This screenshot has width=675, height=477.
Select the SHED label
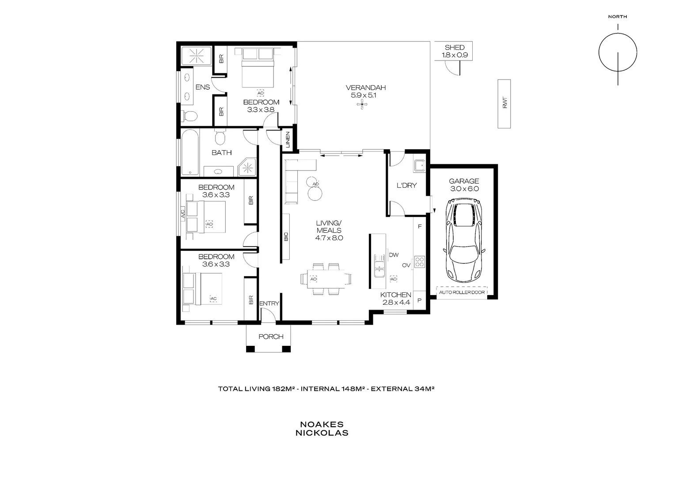tap(454, 47)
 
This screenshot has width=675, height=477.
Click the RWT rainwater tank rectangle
tap(504, 104)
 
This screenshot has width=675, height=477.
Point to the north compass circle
tap(618, 51)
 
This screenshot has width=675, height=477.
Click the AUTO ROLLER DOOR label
tap(462, 292)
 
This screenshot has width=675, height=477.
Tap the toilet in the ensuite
tap(190, 116)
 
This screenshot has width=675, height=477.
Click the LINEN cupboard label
tap(288, 140)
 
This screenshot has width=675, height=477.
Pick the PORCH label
tap(271, 337)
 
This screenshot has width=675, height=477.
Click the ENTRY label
tap(269, 303)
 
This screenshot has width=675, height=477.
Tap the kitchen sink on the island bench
tap(379, 265)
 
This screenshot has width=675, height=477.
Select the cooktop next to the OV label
tap(419, 262)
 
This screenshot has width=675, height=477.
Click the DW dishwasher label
tap(394, 255)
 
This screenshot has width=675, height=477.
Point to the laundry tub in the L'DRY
tap(419, 166)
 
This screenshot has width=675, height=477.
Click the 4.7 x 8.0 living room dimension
tap(329, 238)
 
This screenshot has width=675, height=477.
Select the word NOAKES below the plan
tap(322, 424)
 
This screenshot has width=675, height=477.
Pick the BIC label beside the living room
tap(286, 237)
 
